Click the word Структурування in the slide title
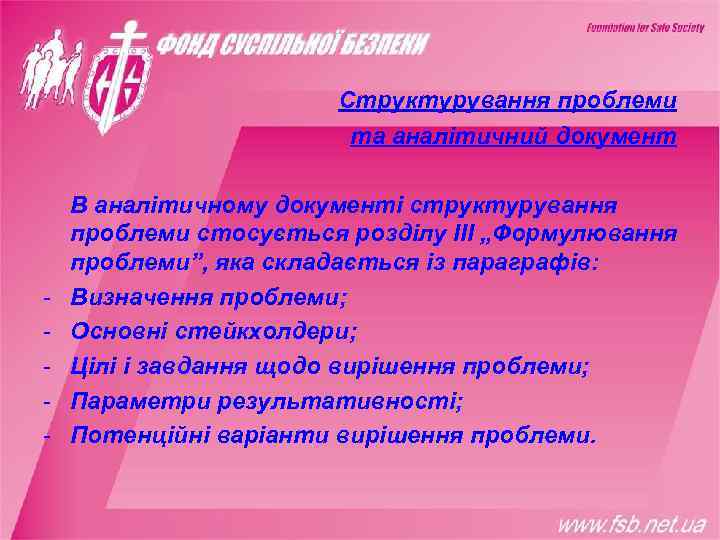click(x=404, y=101)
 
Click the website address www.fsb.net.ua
click(x=631, y=523)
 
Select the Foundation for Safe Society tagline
click(x=645, y=28)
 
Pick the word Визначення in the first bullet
click(x=134, y=298)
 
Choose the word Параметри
click(x=134, y=401)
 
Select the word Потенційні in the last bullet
click(x=139, y=435)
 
